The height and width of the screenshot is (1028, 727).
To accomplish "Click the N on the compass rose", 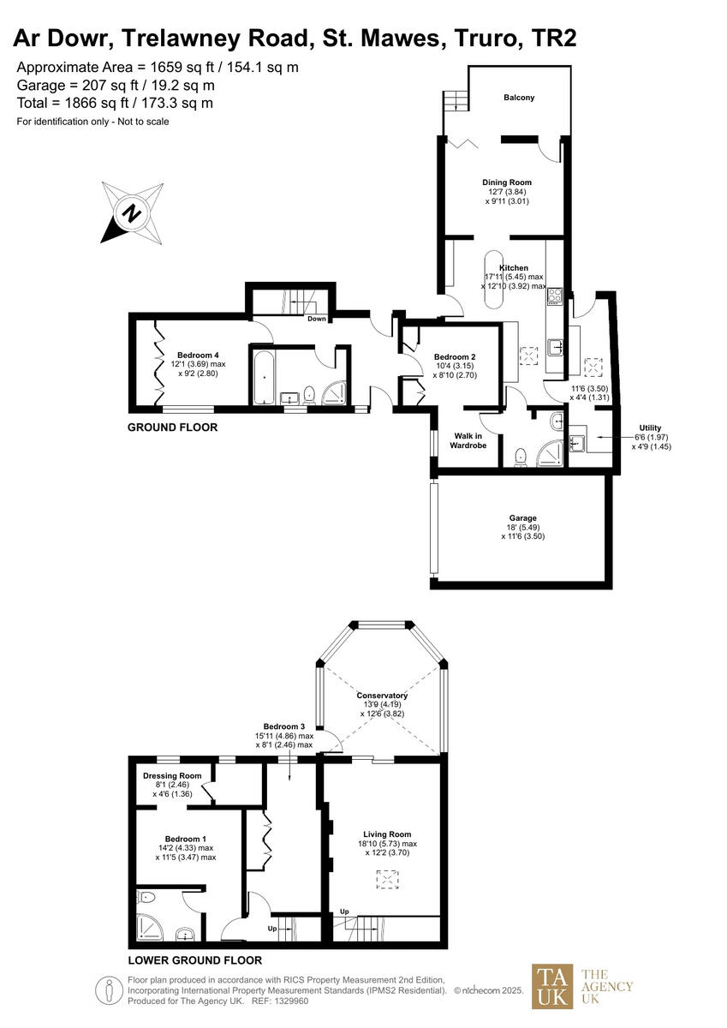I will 131,212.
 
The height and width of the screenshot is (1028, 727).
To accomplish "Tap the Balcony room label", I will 518,98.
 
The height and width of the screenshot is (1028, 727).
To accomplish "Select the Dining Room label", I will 507,182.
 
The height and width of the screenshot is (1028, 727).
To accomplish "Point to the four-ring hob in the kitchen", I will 554,296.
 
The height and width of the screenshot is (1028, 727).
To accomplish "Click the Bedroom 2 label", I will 454,357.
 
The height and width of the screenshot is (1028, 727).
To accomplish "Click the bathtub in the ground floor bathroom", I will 263,377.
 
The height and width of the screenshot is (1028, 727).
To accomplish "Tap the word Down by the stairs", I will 317,319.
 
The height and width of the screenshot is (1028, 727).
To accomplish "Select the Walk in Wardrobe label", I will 468,440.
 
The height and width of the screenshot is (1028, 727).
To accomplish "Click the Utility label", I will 650,427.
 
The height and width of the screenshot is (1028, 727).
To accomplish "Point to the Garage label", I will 522,518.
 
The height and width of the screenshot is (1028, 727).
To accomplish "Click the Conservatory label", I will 383,696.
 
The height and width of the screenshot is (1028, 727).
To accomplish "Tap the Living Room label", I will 387,834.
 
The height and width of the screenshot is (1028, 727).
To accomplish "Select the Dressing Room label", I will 172,776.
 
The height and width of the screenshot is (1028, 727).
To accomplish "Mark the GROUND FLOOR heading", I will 172,427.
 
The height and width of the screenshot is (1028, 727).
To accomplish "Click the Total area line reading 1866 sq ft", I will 115,103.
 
